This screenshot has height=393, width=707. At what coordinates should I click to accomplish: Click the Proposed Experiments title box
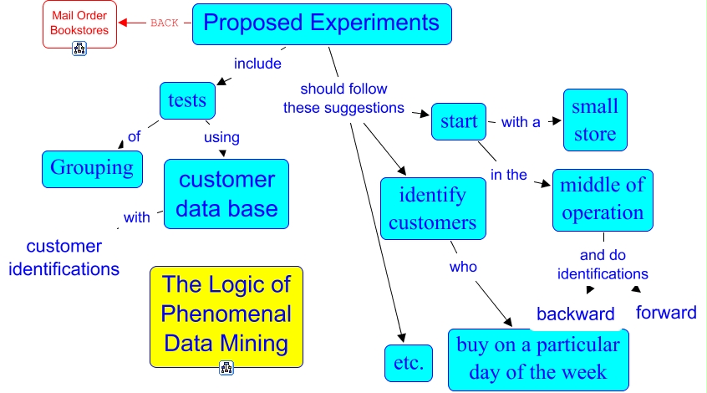(322, 23)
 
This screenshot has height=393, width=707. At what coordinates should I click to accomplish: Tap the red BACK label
(165, 23)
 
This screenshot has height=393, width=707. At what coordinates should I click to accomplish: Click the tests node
(187, 100)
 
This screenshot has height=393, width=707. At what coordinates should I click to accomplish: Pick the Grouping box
(92, 168)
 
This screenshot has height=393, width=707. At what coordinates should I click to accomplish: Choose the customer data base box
(226, 194)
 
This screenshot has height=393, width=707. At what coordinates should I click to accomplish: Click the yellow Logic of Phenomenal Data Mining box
(226, 314)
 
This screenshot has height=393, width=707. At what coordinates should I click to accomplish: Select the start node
(459, 122)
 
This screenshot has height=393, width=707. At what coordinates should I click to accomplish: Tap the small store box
(594, 120)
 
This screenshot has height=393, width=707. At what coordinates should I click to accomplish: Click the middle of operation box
(603, 200)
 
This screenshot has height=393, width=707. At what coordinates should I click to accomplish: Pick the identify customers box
(432, 209)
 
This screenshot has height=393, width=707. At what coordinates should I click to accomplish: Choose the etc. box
(409, 363)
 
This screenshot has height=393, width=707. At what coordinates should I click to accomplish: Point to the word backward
(575, 314)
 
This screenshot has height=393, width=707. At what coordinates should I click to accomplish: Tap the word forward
(666, 313)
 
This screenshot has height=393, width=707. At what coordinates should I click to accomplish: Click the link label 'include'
(257, 64)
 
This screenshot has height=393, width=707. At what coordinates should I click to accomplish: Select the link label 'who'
(463, 267)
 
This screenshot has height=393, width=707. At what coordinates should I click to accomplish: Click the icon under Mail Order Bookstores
(80, 48)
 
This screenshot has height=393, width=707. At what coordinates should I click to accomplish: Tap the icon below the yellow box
(226, 367)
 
